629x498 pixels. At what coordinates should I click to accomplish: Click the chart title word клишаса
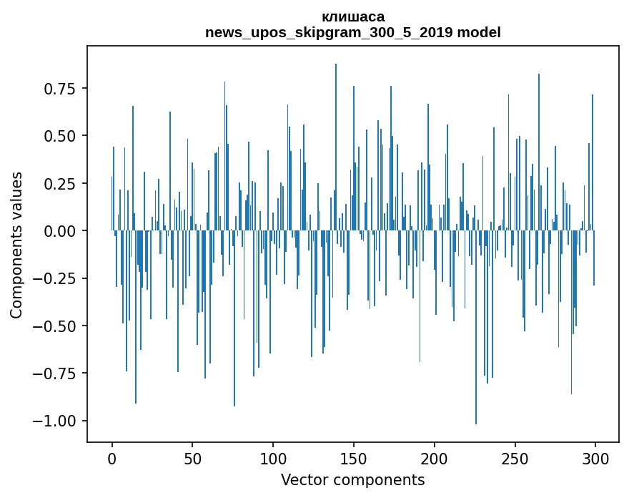click(353, 16)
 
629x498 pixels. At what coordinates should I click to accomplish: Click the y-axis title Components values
click(16, 245)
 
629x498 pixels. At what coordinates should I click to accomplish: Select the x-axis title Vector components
click(353, 480)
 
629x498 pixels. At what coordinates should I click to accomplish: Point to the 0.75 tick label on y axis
click(60, 89)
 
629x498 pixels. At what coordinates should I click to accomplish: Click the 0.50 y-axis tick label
click(60, 136)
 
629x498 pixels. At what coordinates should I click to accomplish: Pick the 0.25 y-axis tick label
click(60, 183)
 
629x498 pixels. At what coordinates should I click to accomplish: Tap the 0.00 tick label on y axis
click(60, 231)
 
